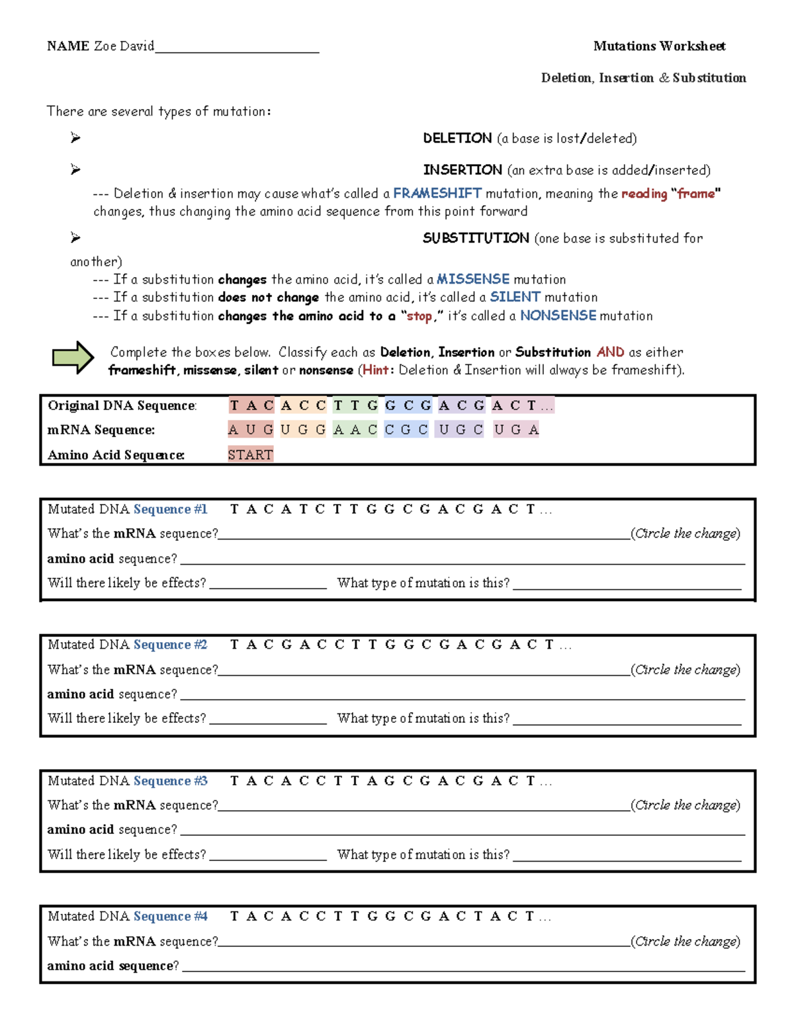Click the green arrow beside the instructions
73,358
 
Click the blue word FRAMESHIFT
437,193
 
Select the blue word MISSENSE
472,279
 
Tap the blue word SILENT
515,297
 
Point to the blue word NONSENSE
558,315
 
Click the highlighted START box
250,454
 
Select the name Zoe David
124,46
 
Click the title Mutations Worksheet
659,46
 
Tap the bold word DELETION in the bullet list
457,138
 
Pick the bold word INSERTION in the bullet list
463,170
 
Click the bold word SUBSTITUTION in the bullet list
476,238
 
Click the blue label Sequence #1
170,509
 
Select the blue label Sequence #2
170,645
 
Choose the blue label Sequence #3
170,781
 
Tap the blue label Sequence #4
170,917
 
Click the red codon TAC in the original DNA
251,405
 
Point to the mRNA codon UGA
516,430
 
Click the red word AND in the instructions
610,352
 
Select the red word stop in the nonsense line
419,316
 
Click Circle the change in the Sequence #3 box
685,805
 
